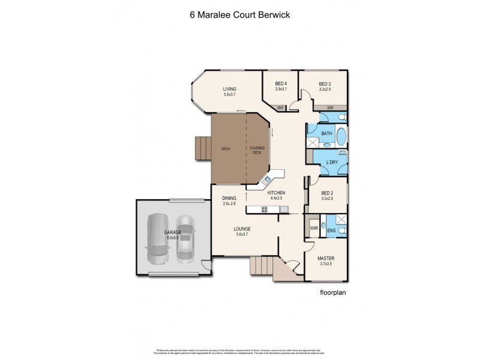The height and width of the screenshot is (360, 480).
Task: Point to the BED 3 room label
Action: pos(325,83)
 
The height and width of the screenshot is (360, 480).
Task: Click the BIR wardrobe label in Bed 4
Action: pos(280,108)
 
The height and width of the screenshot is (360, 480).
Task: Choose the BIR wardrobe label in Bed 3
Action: pos(330,108)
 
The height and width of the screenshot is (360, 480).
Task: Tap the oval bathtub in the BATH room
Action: pos(340,137)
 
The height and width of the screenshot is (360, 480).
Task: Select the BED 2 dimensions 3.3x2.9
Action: pos(326,197)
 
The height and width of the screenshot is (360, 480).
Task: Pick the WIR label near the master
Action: pos(313,229)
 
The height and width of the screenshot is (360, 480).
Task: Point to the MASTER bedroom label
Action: pos(326,258)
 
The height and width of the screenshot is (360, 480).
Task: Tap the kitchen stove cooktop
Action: pos(264,209)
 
